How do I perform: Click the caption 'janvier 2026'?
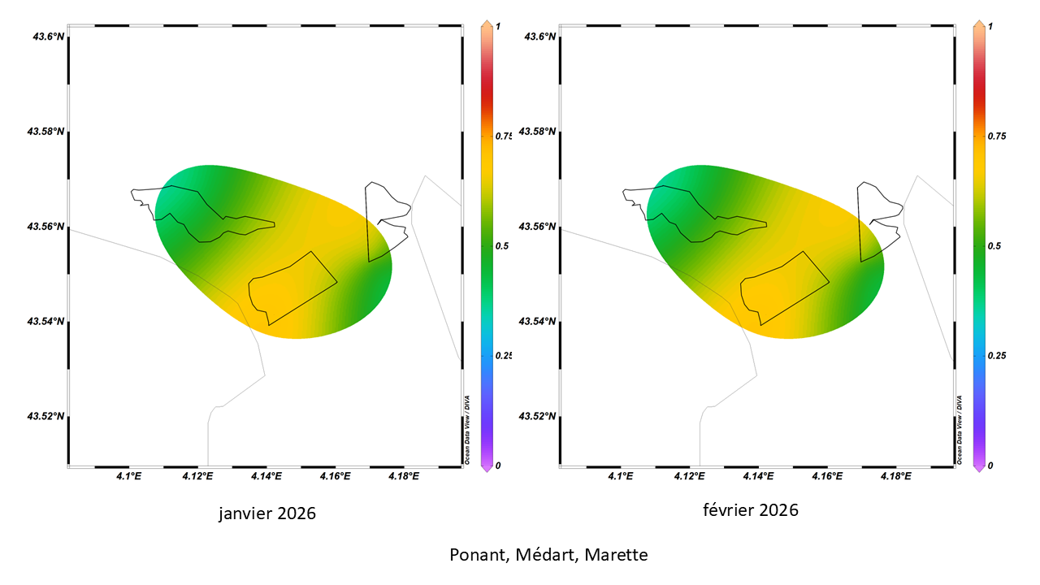(x=266, y=513)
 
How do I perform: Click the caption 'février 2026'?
(x=751, y=510)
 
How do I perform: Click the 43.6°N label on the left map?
(x=46, y=37)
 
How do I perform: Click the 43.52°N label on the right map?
(x=538, y=417)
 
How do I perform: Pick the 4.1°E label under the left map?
(x=128, y=476)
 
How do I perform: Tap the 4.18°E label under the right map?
(x=895, y=476)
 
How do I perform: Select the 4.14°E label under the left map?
(x=266, y=476)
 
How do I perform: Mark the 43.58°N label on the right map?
(x=538, y=132)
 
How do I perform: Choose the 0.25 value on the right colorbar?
(x=995, y=356)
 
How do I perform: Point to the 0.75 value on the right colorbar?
(x=995, y=136)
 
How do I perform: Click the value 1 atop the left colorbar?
(x=498, y=26)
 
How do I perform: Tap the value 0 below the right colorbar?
(x=990, y=466)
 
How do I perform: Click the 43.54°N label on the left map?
(x=46, y=322)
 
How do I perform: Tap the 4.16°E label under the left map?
(x=334, y=476)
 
